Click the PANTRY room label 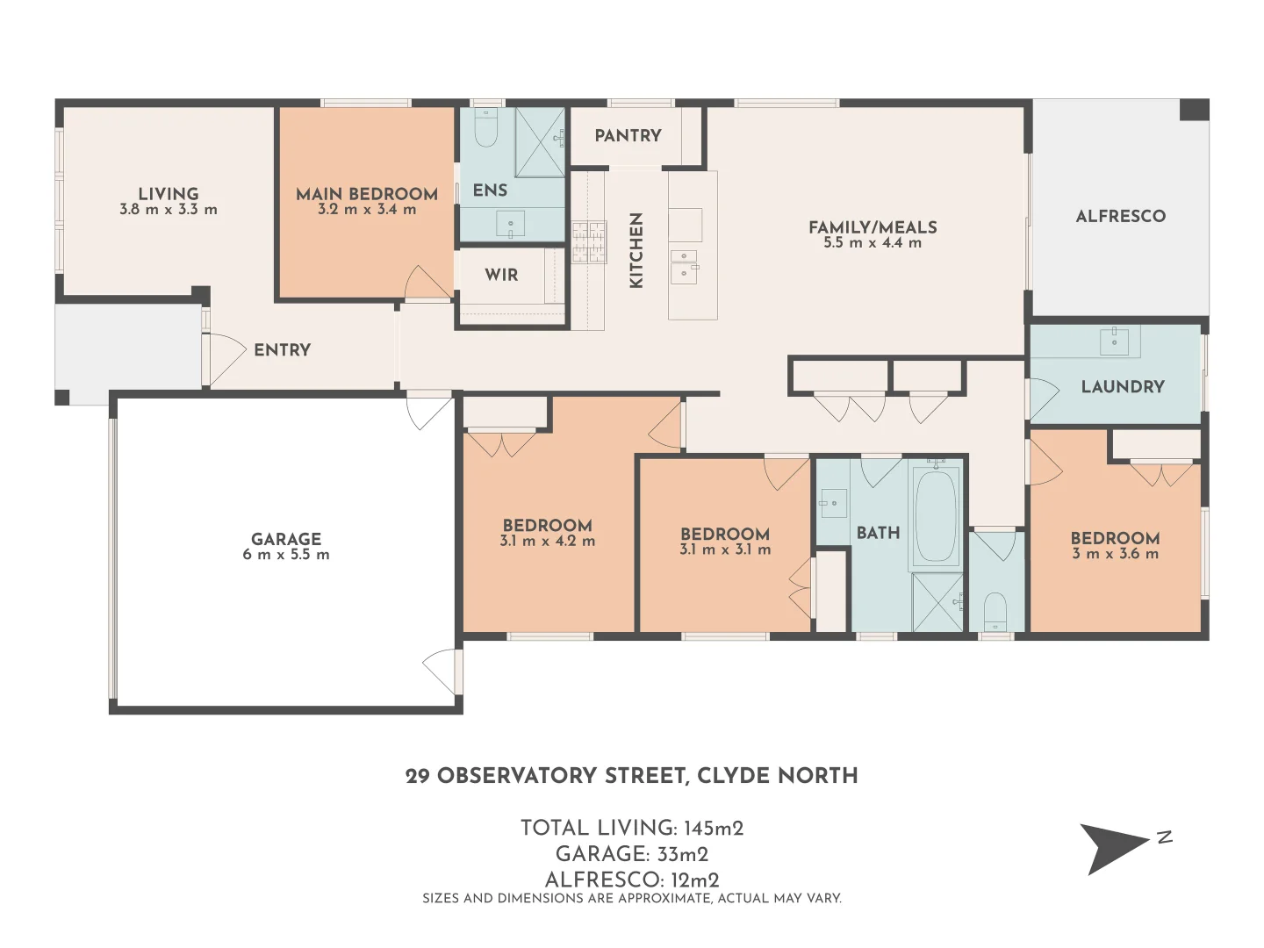click(628, 135)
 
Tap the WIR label click(501, 275)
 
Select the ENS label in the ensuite click(490, 190)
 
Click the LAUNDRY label click(1123, 386)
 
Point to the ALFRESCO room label click(1120, 216)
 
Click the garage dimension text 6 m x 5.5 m click(286, 555)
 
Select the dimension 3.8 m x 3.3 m click(169, 210)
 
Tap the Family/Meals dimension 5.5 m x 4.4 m click(873, 243)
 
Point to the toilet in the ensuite click(485, 130)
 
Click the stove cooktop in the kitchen click(589, 241)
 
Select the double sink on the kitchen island click(685, 266)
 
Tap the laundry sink click(1114, 340)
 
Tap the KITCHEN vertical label click(636, 250)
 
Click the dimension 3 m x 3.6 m click(1115, 554)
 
